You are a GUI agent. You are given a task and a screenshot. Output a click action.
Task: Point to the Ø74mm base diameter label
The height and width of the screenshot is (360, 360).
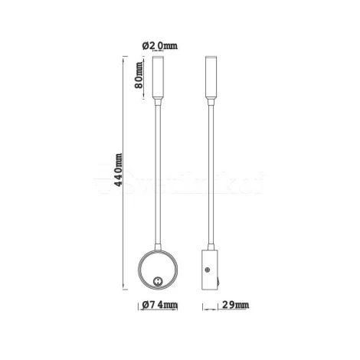click(x=162, y=308)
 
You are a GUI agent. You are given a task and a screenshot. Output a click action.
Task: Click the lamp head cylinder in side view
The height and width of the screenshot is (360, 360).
click(x=211, y=76)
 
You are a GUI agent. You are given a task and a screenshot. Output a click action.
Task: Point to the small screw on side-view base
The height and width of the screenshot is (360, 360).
click(x=208, y=269)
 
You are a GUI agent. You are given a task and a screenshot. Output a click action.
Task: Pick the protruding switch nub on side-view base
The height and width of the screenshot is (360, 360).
click(x=219, y=283)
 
